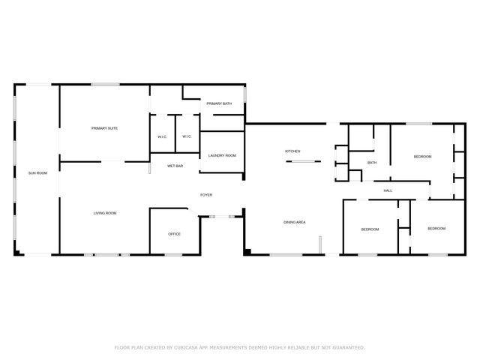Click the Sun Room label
37,173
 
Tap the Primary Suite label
104,128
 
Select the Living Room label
104,213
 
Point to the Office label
174,234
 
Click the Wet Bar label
175,165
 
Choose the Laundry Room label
222,155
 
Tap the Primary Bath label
219,103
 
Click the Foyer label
205,195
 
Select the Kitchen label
292,151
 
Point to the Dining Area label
294,222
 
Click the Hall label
388,190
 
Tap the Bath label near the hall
371,163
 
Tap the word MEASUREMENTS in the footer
232,347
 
